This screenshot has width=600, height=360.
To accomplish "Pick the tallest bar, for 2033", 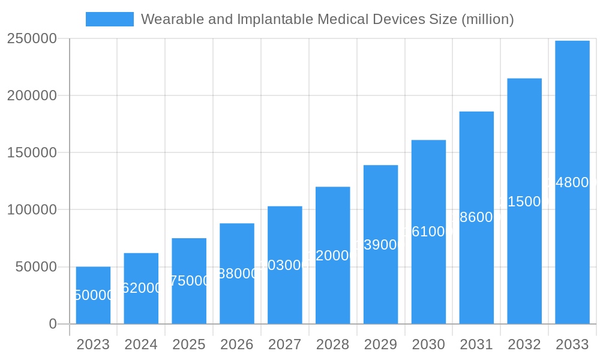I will (x=572, y=182).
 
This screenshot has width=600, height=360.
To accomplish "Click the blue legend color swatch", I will (x=110, y=19).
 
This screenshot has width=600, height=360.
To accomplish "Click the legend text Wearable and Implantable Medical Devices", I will (x=327, y=19).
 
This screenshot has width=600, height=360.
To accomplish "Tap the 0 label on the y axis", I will (x=53, y=324).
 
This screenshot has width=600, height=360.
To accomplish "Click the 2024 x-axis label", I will (x=141, y=344).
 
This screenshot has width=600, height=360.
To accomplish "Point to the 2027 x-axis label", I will (x=285, y=344).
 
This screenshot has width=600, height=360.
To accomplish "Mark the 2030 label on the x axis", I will (x=428, y=344).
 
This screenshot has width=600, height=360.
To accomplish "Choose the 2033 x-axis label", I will (x=572, y=344).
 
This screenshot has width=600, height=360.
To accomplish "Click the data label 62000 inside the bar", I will (x=141, y=288).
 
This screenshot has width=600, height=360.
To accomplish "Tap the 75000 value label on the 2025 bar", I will (x=189, y=281).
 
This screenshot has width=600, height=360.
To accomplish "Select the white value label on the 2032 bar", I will (x=524, y=202).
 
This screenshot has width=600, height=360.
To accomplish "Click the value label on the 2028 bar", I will (x=332, y=256).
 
